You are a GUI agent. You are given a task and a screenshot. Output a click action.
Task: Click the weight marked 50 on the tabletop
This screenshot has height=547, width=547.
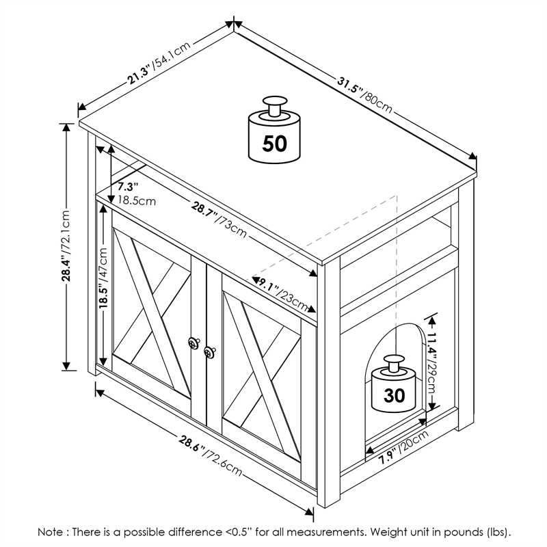click(275, 130)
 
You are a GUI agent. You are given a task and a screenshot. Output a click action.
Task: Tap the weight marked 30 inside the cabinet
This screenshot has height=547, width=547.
click(394, 384)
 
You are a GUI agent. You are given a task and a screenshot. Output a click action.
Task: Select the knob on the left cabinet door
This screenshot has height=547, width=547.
click(194, 343)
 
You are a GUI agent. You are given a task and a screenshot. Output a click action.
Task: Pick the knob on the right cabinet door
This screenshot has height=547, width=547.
click(210, 352)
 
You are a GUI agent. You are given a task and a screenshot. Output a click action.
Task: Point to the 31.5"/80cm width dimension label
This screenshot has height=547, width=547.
click(365, 95)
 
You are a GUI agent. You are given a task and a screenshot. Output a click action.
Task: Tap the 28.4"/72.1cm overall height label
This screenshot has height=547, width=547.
click(66, 245)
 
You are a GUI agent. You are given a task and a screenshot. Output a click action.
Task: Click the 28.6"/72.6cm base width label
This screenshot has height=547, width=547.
click(211, 455)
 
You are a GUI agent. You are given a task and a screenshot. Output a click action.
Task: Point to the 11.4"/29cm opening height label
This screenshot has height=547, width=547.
click(431, 363)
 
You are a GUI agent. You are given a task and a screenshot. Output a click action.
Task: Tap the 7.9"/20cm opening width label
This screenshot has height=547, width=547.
click(403, 448)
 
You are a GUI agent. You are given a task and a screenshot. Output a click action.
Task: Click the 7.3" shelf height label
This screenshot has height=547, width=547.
click(128, 187)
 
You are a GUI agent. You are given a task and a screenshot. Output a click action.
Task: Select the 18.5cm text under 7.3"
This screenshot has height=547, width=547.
click(137, 201)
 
